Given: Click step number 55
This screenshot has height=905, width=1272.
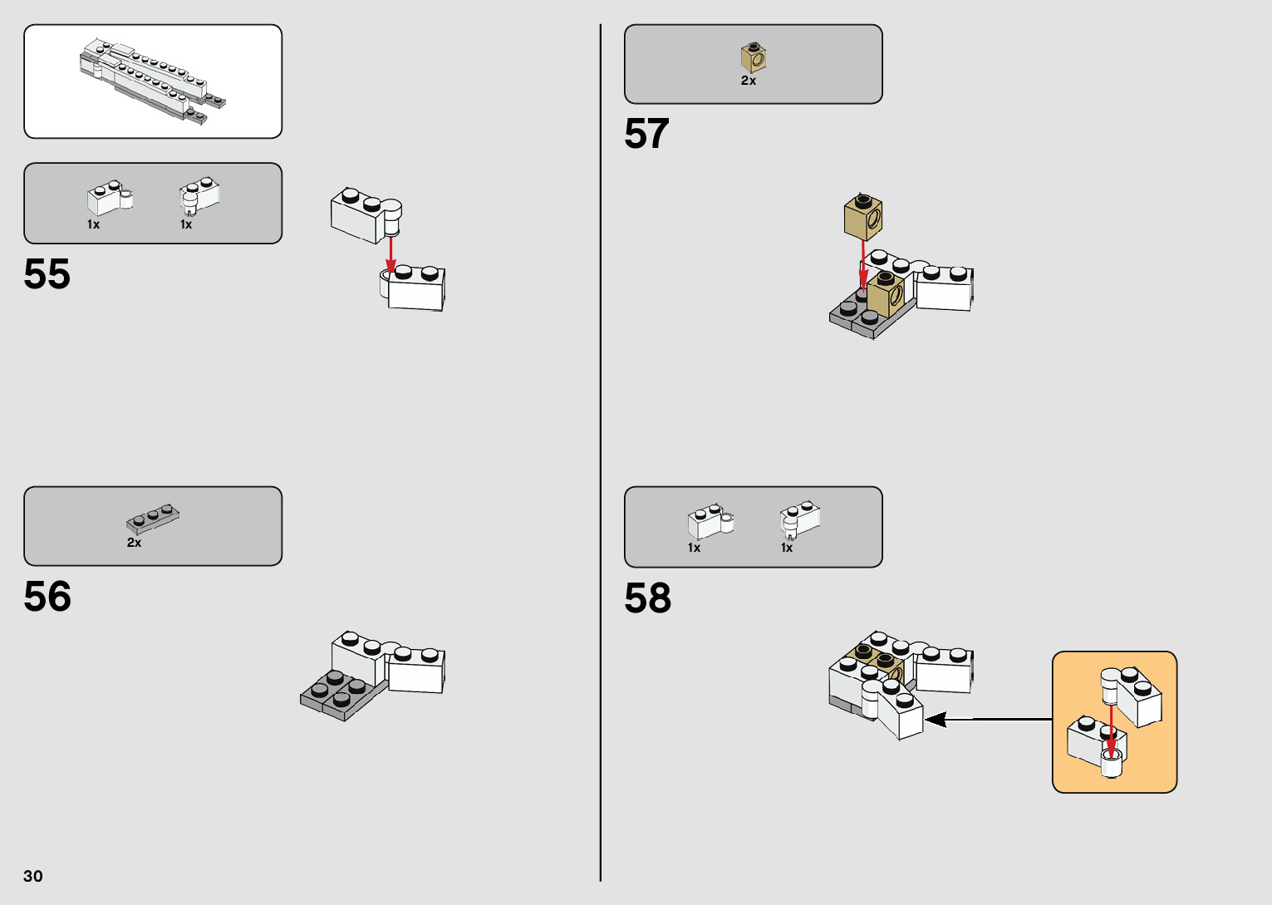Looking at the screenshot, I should coord(47,274).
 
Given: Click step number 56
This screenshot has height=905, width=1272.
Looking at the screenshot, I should coord(47,597).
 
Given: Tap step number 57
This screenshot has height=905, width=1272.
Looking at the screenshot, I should coord(646,134).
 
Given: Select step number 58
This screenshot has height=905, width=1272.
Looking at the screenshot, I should coord(648,598).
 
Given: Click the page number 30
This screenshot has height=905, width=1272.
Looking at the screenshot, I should coord(33,876).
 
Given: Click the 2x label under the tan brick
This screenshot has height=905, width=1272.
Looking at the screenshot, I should coord(749,81).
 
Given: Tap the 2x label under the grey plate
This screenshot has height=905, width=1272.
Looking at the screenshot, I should coord(134,543).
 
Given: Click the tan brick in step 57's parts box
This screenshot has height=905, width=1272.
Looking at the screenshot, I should coord(754,57).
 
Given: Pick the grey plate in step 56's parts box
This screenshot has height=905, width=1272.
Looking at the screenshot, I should coord(153,518).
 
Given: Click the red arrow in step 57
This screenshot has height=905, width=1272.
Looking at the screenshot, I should coord(863,263).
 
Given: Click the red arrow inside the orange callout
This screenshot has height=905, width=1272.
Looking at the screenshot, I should coord(1111,729).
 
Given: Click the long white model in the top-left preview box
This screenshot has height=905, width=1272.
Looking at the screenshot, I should coord(152,81).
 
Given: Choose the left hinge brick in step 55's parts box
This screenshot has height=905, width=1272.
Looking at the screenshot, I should coord(109,198).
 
